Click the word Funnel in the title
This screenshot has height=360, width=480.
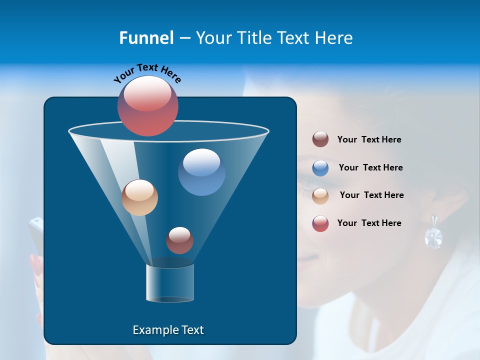(146, 38)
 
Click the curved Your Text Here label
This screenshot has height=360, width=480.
(147, 72)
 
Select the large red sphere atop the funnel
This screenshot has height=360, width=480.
(148, 106)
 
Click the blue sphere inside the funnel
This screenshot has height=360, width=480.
(201, 172)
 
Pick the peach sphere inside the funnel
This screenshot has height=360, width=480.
(139, 197)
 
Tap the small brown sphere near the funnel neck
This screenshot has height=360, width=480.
(179, 240)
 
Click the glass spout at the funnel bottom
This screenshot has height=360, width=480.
(170, 283)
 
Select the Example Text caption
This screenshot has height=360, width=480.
(168, 330)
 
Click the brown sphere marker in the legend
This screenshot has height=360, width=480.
(320, 139)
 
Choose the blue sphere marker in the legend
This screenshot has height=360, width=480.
(320, 167)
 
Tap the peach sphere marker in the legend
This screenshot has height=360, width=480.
(320, 195)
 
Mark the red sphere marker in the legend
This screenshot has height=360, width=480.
(320, 223)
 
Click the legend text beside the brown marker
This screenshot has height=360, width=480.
(369, 140)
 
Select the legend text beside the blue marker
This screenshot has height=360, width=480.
(370, 168)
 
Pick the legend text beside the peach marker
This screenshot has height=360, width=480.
(371, 195)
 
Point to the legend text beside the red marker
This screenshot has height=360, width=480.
(369, 223)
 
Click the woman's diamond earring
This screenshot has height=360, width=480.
(433, 235)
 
